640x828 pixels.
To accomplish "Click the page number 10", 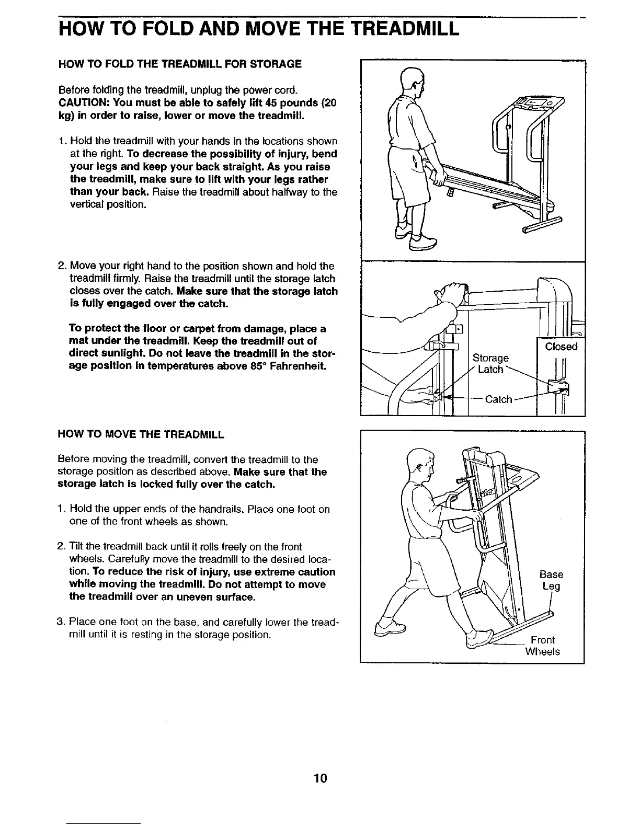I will point(320,779).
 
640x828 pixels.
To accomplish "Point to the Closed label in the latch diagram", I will point(561,347).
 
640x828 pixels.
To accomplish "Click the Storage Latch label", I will point(490,364).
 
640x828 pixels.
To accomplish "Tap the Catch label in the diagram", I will point(498,399).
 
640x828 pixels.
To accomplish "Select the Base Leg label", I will point(551,580).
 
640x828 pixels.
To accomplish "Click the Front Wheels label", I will point(542,646).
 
